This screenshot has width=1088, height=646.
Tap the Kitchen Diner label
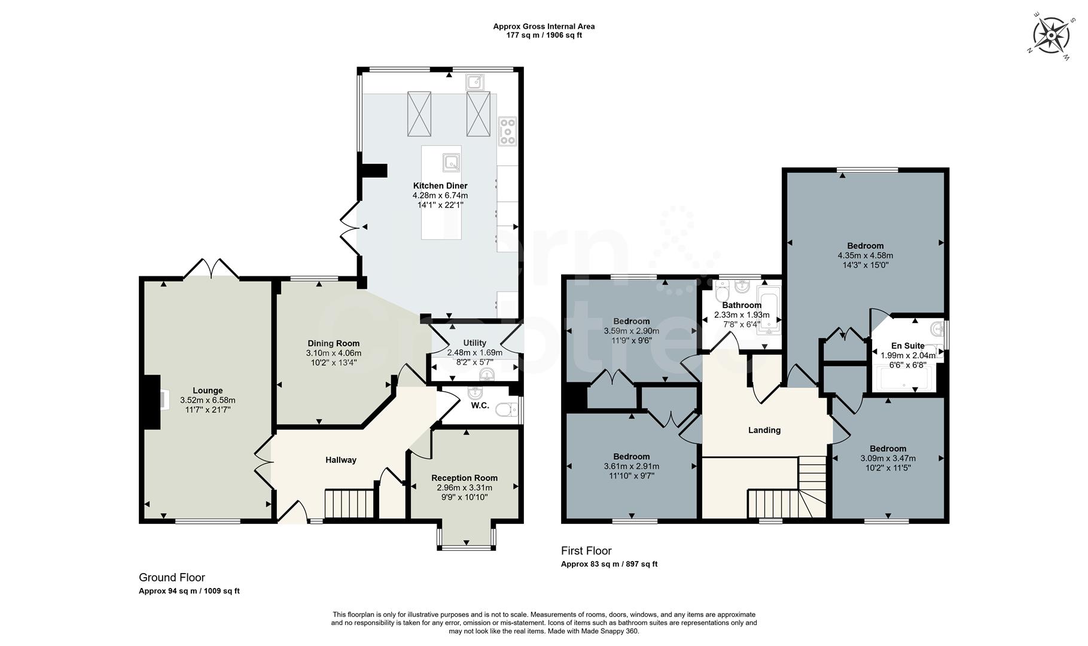tap(440, 185)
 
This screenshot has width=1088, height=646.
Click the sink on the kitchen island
tap(451, 161)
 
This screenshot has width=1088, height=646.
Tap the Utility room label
tap(474, 343)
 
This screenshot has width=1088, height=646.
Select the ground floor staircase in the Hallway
tap(349, 504)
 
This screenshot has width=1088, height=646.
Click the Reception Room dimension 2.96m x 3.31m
tap(464, 487)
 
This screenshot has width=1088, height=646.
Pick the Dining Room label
tap(333, 343)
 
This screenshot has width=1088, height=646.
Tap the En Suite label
tap(907, 346)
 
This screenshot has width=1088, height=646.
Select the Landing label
tap(764, 430)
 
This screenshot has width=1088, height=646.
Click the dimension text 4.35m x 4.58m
tap(865, 255)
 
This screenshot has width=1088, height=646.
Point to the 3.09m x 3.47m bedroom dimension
tap(888, 458)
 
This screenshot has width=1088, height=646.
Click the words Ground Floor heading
tap(172, 577)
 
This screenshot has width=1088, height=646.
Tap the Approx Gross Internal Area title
tap(543, 26)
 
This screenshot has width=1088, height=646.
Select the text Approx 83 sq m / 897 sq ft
tap(609, 564)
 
